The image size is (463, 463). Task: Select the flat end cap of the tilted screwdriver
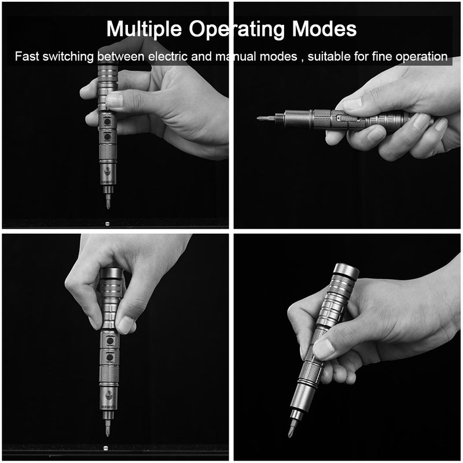(x=346, y=269)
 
